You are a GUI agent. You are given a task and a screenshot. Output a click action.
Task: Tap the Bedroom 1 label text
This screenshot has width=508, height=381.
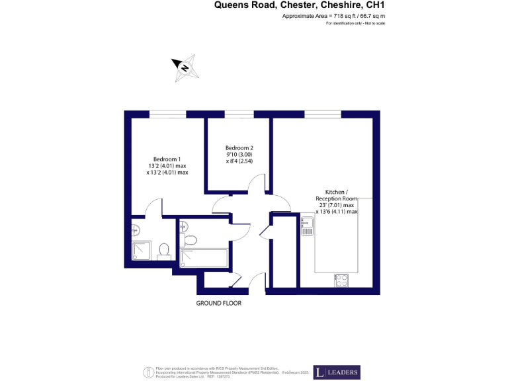click(167, 159)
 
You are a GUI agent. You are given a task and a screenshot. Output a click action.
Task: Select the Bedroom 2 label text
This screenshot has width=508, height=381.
click(239, 148)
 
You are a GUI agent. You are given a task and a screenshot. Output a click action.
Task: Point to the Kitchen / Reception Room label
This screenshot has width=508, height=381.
click(336, 195)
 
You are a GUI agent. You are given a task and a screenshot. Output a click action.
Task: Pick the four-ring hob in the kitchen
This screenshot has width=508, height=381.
click(341, 280)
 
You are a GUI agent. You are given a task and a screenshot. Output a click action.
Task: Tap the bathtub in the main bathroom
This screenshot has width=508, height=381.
click(205, 257)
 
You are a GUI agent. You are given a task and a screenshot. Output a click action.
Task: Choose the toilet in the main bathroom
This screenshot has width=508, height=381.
click(190, 239)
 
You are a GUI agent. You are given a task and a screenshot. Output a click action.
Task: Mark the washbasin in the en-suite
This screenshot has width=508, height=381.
click(135, 230)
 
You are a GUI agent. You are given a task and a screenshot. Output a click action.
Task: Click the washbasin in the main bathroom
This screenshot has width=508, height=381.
click(182, 227)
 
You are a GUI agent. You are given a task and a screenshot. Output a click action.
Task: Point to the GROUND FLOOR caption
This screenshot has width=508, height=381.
click(218, 303)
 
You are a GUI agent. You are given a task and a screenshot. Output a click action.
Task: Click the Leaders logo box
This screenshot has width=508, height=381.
click(337, 372)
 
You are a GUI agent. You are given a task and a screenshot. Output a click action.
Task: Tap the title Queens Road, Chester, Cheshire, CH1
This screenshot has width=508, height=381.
click(299, 5)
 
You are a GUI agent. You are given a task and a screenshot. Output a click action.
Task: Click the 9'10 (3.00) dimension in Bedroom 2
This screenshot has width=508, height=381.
click(239, 154)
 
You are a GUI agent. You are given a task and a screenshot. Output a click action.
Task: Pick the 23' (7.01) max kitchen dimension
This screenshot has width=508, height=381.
click(336, 205)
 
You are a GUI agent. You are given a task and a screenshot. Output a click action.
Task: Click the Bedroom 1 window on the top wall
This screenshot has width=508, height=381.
click(167, 114)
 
